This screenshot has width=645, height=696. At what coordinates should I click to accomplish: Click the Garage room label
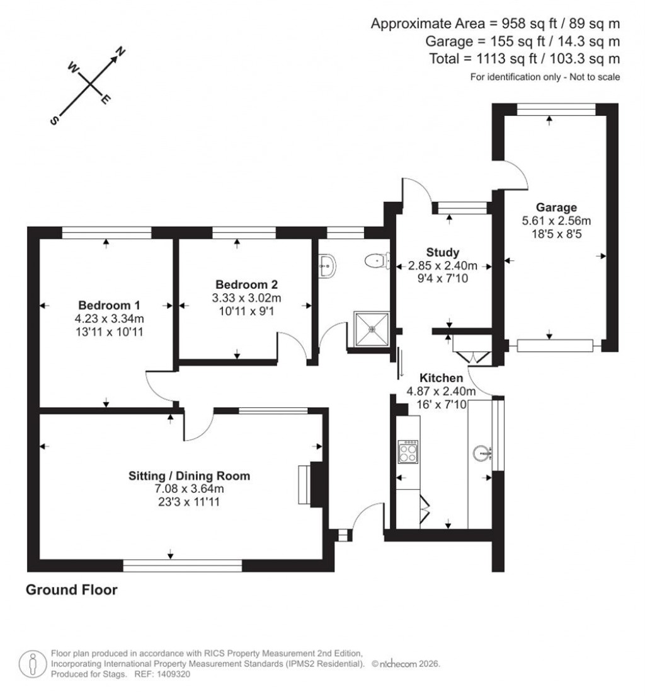coord(556,207)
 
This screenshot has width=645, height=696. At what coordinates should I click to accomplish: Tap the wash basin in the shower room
coord(327,265)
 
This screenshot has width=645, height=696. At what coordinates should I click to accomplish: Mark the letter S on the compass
coord(56,120)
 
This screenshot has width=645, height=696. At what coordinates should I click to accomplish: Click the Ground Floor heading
coord(71,590)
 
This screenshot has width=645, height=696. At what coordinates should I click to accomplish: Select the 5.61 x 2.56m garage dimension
coord(556,221)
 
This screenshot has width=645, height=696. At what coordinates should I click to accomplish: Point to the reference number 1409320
coord(170,674)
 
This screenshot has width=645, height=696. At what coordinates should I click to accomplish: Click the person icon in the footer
coord(31,663)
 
